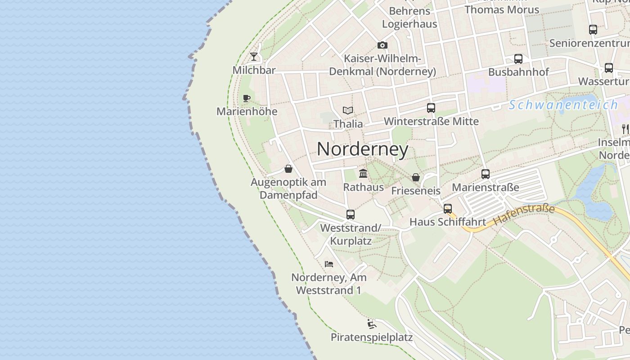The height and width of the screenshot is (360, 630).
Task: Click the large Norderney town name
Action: point(363,149)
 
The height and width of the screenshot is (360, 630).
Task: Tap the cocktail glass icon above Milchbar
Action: point(254,57)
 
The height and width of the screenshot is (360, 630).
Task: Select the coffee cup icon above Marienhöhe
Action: point(247,98)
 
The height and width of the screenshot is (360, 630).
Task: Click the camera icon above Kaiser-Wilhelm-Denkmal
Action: point(382,45)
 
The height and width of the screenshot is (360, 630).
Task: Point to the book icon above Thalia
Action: point(347,110)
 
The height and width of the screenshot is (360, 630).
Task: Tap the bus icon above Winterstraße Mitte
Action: point(431,108)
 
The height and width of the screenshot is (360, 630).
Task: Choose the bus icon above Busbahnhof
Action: point(518,59)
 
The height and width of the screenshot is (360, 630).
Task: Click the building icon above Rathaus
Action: point(363,173)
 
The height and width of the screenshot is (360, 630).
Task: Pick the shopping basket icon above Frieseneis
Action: point(416,177)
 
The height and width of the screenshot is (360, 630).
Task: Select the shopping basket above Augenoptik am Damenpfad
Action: point(288,169)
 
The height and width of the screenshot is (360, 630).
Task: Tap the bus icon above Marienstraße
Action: point(485,174)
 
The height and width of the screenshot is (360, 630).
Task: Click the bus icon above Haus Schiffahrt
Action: point(447,209)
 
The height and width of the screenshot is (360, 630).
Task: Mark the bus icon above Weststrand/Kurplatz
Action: point(351,215)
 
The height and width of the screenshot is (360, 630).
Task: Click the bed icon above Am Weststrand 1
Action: point(329,264)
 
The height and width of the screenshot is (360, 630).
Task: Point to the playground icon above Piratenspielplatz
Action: point(372,324)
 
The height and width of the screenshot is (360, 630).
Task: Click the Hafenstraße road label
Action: point(524,215)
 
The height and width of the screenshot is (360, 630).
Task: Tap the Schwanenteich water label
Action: point(563,105)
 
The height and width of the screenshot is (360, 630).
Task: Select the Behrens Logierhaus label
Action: point(409,17)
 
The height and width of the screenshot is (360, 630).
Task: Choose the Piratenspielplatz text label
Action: point(372,337)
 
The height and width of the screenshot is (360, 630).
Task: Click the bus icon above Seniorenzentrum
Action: point(593,30)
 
